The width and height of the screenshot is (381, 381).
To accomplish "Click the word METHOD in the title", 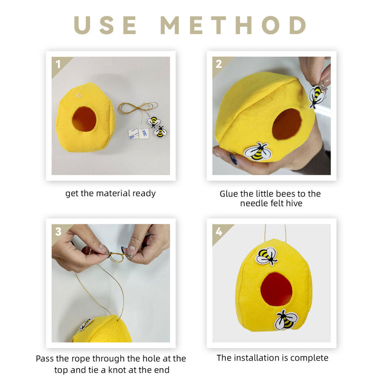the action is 233,25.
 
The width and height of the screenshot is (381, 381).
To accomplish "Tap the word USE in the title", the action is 105,25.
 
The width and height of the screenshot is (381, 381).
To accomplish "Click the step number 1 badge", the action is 58,64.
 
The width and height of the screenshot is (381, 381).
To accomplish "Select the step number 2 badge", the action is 219,64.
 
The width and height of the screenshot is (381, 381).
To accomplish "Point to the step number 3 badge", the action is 58,231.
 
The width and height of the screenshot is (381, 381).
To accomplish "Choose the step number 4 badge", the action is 219,231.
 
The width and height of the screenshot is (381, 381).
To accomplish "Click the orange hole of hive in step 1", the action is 84,119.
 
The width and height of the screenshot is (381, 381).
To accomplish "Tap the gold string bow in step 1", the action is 138,109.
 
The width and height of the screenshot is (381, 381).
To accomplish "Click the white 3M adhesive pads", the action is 138,133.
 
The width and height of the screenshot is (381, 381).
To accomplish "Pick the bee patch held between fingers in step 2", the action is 317,97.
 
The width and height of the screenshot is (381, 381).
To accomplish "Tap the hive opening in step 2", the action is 287,124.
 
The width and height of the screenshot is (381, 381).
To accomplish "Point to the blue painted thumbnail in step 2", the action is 233,160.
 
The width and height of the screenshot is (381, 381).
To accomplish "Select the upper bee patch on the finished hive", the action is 267,256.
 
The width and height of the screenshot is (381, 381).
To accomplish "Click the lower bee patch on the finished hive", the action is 286,320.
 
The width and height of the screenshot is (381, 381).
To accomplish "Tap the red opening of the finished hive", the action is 276,289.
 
